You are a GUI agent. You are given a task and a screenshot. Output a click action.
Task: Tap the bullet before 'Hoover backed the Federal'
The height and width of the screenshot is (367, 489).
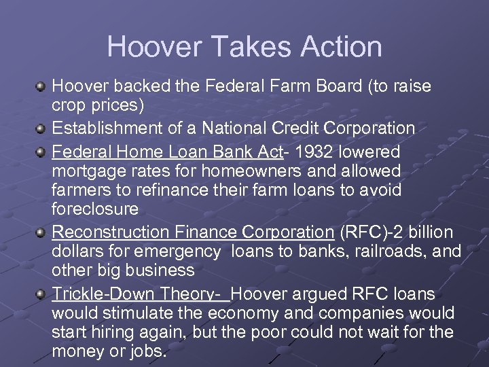click(x=43, y=87)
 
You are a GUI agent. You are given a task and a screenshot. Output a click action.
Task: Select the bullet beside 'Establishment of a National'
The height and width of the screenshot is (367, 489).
click(x=43, y=128)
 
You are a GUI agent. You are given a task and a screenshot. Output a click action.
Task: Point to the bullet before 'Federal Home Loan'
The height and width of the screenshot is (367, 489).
click(x=43, y=150)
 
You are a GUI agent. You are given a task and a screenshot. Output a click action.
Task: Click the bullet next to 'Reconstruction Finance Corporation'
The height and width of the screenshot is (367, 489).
click(x=43, y=232)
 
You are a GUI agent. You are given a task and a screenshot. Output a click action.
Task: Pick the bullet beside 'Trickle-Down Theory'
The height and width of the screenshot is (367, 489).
click(x=43, y=294)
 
